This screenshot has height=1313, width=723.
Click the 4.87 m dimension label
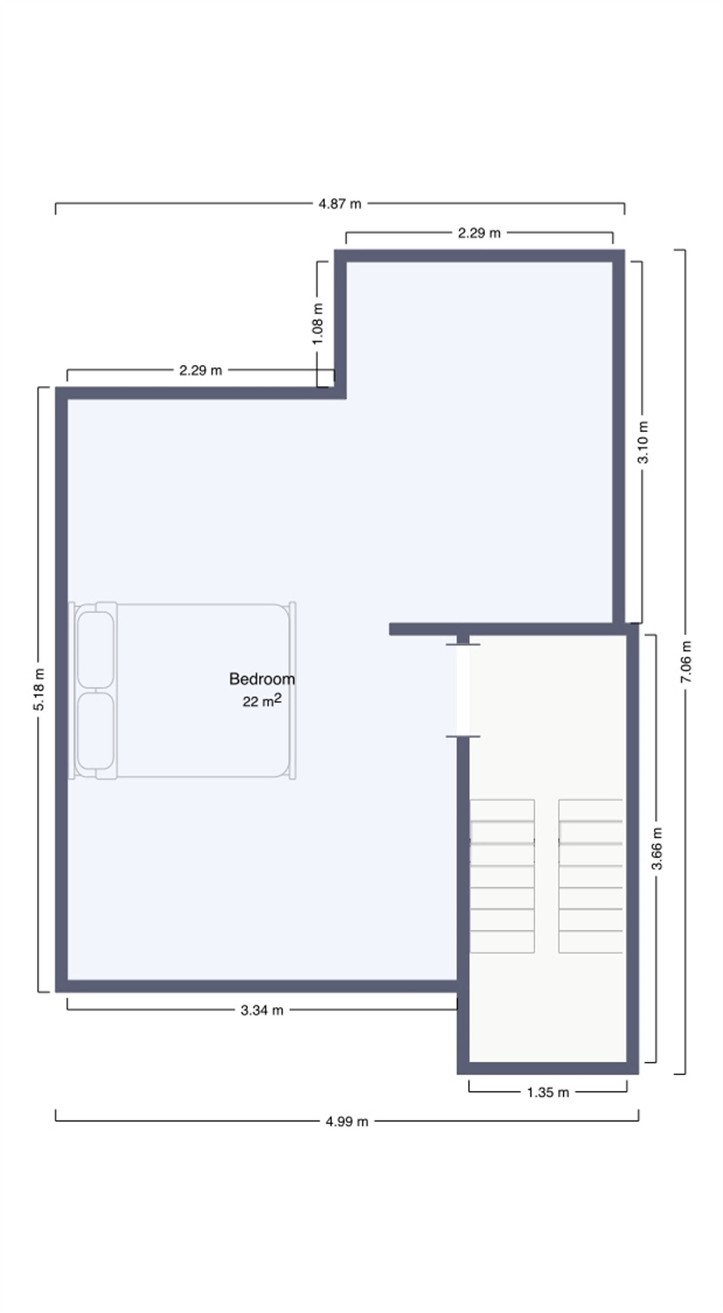[340, 204]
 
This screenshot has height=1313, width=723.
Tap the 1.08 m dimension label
[318, 324]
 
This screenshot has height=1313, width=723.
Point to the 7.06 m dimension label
[686, 662]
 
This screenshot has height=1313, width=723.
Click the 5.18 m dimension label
[39, 689]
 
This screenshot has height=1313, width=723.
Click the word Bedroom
[262, 679]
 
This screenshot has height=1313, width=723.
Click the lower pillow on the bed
[95, 730]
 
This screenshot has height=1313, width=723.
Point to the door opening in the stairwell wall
[463, 691]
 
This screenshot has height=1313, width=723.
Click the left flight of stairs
[502, 876]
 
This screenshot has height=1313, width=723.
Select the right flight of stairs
[590, 876]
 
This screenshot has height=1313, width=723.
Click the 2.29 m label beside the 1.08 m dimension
[200, 371]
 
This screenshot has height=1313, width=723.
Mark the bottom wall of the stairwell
[548, 1068]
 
